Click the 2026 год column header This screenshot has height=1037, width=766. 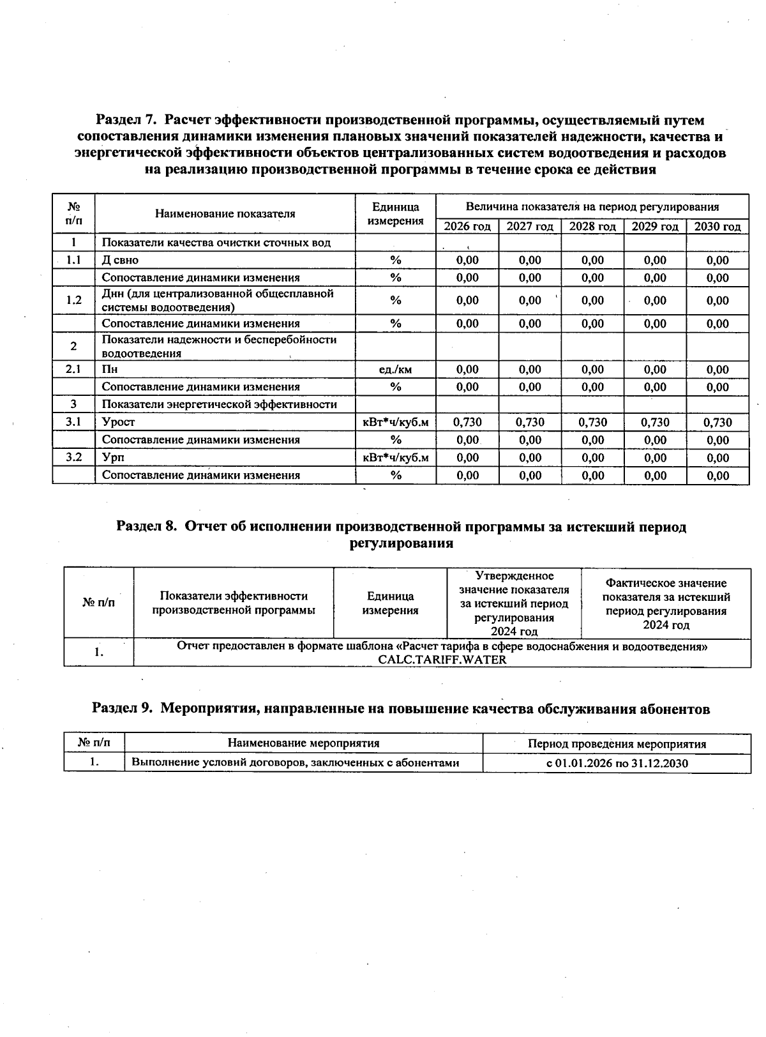[467, 227]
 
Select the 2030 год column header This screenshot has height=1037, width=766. [717, 227]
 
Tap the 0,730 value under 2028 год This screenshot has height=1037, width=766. [592, 422]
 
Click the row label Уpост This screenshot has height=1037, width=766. [119, 422]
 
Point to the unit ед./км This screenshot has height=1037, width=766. [395, 369]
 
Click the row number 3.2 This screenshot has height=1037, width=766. [74, 457]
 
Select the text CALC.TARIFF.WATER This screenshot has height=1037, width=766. [442, 660]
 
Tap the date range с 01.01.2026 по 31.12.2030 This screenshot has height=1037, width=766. [617, 762]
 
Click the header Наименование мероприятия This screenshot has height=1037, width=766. [303, 743]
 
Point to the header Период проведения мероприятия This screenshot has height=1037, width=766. [617, 744]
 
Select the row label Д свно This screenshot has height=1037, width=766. [120, 260]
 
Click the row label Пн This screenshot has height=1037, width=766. [110, 369]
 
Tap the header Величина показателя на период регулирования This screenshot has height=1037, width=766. [592, 207]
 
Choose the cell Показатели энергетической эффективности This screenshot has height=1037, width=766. [219, 404]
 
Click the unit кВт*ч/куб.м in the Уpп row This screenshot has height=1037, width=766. [395, 457]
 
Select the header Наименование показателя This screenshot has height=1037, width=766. [225, 214]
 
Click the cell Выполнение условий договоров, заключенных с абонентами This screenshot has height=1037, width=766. [295, 762]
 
